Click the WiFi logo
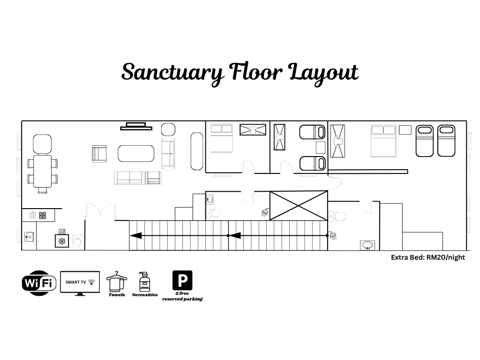click(x=39, y=283)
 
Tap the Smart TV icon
click(x=80, y=283)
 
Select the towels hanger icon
click(x=116, y=281)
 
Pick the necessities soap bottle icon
click(x=144, y=282)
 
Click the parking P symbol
click(x=182, y=280)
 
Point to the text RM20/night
click(x=446, y=257)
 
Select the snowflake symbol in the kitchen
click(x=62, y=241)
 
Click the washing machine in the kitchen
click(x=77, y=240)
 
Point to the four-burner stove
click(x=43, y=216)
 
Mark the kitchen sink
click(x=29, y=237)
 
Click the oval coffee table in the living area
click(x=136, y=153)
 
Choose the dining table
click(x=43, y=172)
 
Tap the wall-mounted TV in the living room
click(x=136, y=127)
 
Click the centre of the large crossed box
click(x=299, y=206)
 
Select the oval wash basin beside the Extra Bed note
click(x=367, y=245)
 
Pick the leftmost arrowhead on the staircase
click(x=135, y=236)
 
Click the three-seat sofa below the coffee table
click(x=129, y=178)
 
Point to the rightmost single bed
click(x=446, y=141)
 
